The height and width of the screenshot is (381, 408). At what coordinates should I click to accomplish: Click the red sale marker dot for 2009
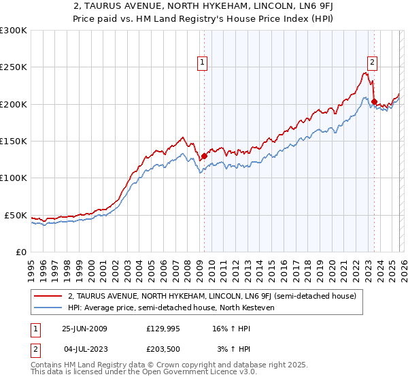pos(204,156)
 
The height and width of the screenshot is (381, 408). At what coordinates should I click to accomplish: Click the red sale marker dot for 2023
pos(374,102)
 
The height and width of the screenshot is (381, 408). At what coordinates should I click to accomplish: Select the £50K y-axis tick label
pos(16,215)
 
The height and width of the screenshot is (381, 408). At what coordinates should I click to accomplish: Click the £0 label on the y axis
pos(21,252)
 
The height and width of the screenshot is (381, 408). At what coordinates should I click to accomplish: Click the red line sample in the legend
pos(48,296)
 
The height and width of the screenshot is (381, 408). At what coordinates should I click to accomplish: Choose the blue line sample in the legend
pos(48,308)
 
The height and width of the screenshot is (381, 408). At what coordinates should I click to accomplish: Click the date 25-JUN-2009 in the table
pos(84,329)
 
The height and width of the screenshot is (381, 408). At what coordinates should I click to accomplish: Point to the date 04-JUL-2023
pos(84,349)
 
